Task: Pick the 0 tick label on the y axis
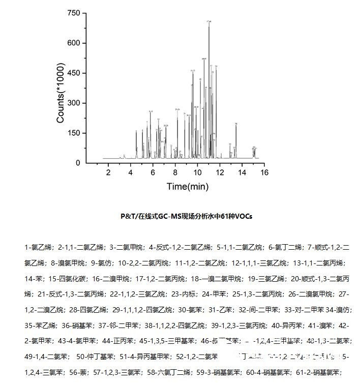(78, 163)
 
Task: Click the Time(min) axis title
(188, 187)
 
